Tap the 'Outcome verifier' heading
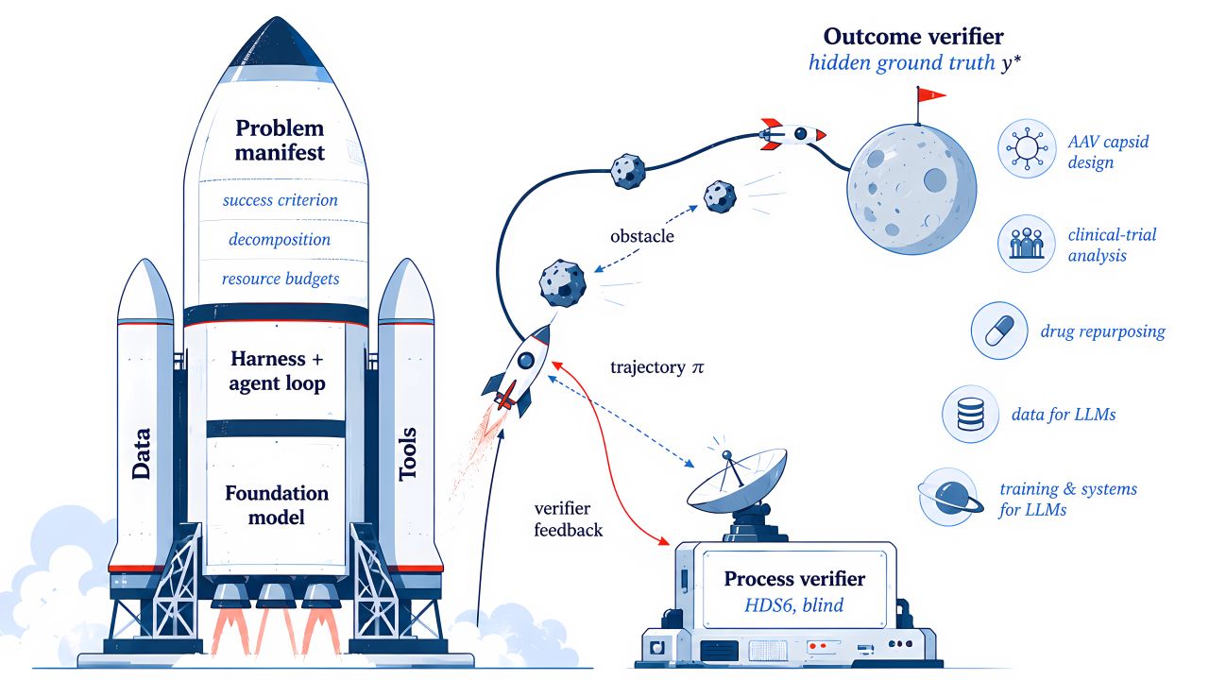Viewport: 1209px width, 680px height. (x=913, y=37)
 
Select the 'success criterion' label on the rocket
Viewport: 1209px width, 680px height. (x=281, y=200)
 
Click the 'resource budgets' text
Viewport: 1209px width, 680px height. (x=281, y=279)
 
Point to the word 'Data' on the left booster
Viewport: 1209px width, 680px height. (x=142, y=454)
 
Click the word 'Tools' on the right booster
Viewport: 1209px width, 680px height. (x=407, y=454)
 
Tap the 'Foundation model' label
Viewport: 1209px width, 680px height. (x=277, y=505)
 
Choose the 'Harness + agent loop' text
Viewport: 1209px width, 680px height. (x=277, y=371)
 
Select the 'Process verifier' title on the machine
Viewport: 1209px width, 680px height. (x=794, y=579)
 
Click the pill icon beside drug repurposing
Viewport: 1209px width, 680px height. (x=999, y=331)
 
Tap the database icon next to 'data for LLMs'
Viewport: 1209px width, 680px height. (x=970, y=414)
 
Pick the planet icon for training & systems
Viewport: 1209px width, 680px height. (x=950, y=497)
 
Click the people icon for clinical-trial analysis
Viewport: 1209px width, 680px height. (x=1026, y=244)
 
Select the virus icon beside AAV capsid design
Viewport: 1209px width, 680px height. (x=1027, y=148)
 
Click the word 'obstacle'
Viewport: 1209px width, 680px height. (x=642, y=236)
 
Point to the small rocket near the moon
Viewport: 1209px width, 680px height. (x=792, y=134)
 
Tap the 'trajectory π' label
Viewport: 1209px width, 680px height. (x=657, y=367)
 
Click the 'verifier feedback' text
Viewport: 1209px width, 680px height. (x=568, y=519)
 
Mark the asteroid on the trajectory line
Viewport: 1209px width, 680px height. (x=628, y=171)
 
